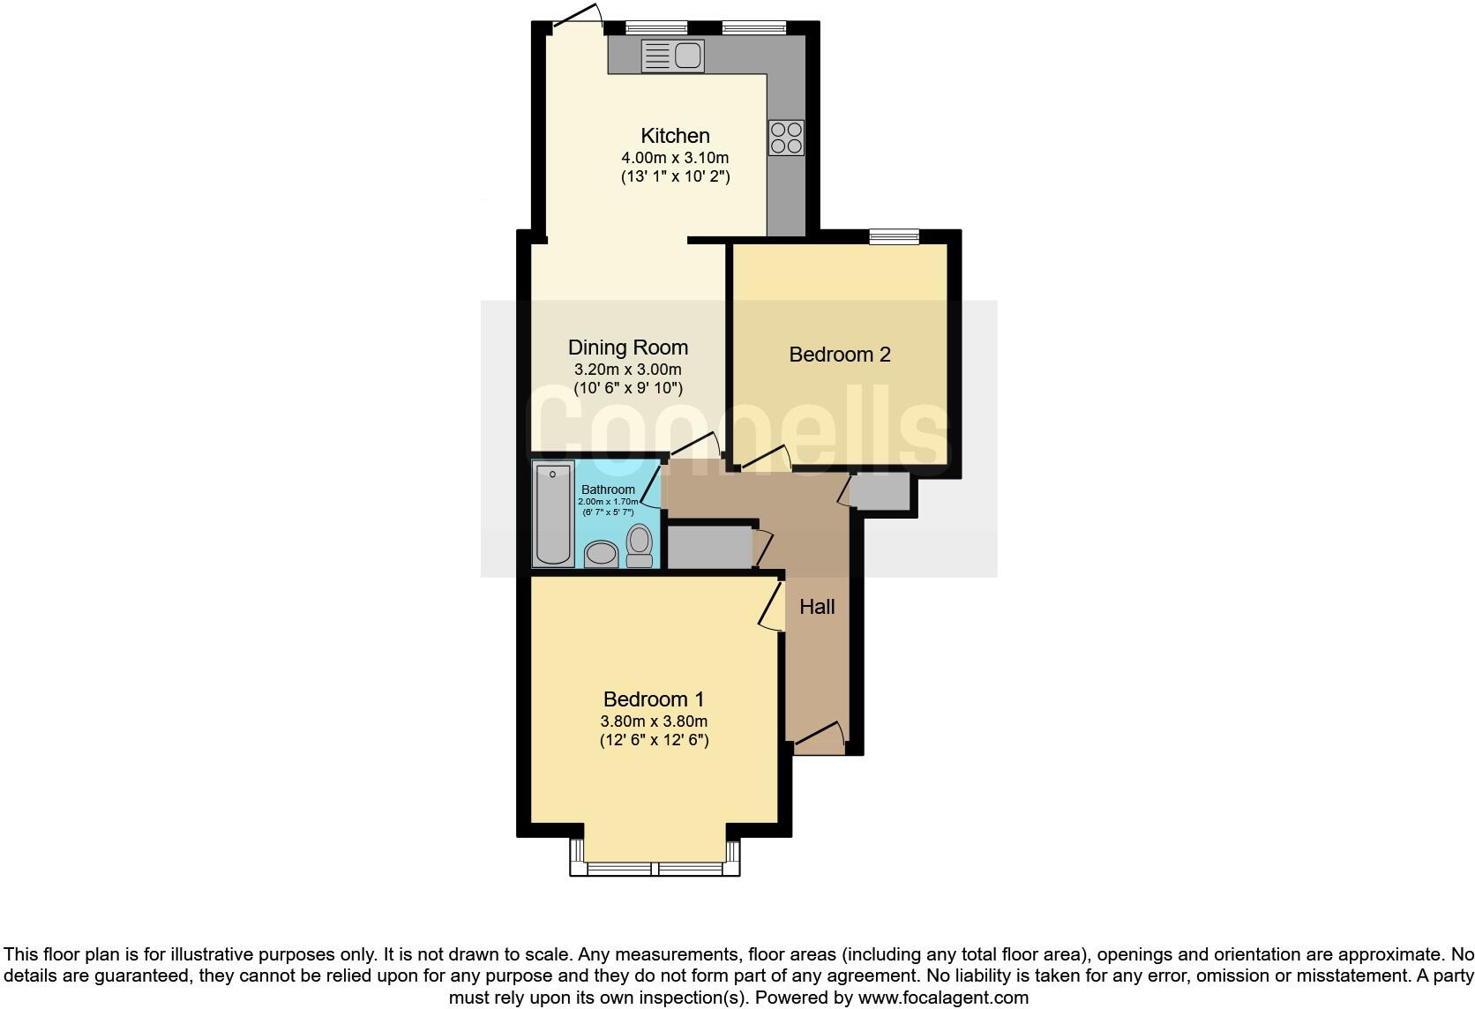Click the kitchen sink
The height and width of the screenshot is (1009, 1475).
pos(673,56)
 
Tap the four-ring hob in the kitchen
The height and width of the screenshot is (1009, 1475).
pos(786,137)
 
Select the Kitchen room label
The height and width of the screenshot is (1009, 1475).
pos(675,136)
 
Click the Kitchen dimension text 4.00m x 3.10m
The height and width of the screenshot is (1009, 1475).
pos(675,158)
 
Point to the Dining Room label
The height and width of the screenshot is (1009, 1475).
pos(627,348)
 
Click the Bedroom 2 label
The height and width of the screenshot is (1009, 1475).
pos(839,355)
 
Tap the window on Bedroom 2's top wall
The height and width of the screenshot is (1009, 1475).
pos(894,235)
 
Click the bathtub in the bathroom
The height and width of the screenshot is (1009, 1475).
pos(553,513)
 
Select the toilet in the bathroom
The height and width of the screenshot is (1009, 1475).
pos(640,544)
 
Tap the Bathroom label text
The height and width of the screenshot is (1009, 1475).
pos(608,490)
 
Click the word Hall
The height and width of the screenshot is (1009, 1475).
pos(817,607)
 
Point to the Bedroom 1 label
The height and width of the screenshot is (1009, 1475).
pos(654,699)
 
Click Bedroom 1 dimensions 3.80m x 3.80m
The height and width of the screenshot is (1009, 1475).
pos(654,721)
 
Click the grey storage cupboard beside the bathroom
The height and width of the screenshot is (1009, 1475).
pos(708,548)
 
